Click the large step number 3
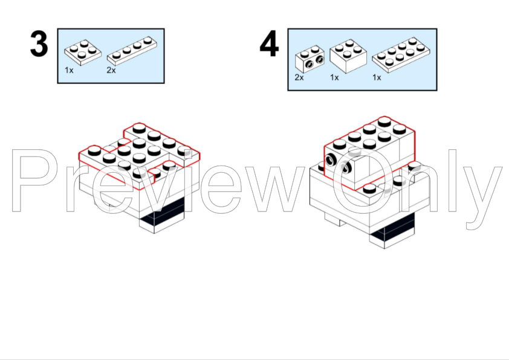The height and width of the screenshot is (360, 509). [39, 44]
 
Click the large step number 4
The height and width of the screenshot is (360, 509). [269, 43]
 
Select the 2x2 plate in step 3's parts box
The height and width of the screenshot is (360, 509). [83, 53]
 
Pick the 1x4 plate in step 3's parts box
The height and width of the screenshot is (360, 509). [132, 51]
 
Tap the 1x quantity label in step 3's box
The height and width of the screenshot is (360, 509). [69, 70]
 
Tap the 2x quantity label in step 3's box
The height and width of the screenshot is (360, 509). [111, 70]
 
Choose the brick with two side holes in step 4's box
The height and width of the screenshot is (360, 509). [310, 59]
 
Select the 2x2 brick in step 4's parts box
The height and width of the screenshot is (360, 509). [348, 56]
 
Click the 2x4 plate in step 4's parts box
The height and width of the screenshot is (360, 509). [401, 54]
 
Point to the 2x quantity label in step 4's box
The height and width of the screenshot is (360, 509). [299, 77]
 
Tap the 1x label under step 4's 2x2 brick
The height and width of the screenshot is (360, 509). [334, 77]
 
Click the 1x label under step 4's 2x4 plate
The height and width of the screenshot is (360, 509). [377, 77]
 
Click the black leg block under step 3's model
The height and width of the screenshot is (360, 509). [162, 214]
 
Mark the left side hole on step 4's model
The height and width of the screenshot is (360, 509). [331, 159]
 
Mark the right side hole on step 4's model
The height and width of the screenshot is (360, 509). [346, 167]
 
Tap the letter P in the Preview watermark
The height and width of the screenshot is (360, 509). [32, 181]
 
